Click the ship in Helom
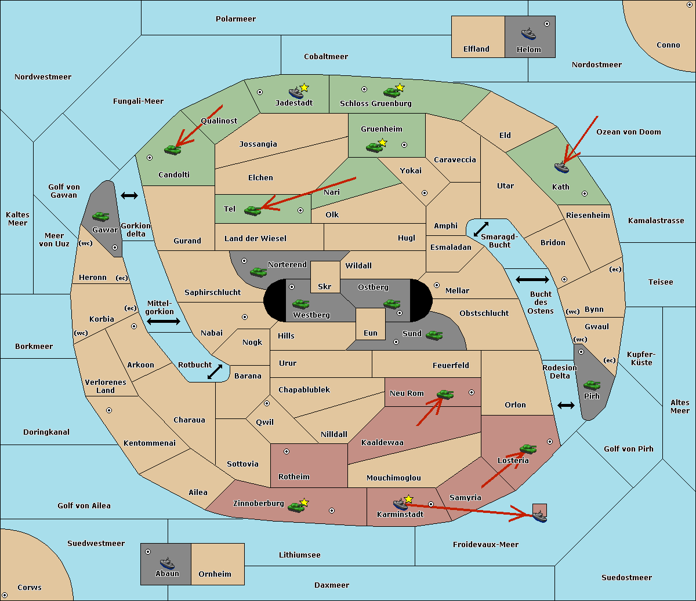[x=528, y=34]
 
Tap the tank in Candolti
[x=172, y=150]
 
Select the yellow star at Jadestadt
[x=304, y=88]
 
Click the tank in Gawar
[x=101, y=216]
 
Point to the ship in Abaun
[x=167, y=563]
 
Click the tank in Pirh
[x=592, y=385]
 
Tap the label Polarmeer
[x=235, y=19]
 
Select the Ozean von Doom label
[x=628, y=132]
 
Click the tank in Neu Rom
[x=445, y=394]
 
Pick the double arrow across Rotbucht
[x=215, y=371]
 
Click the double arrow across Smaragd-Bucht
[x=481, y=229]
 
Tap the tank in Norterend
[x=258, y=272]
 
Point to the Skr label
[x=324, y=286]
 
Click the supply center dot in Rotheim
[x=286, y=451]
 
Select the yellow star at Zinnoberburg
[x=304, y=502]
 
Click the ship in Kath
[x=561, y=167]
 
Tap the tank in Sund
[x=434, y=335]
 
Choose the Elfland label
[x=476, y=49]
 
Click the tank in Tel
[x=252, y=211]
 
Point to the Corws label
[x=30, y=587]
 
